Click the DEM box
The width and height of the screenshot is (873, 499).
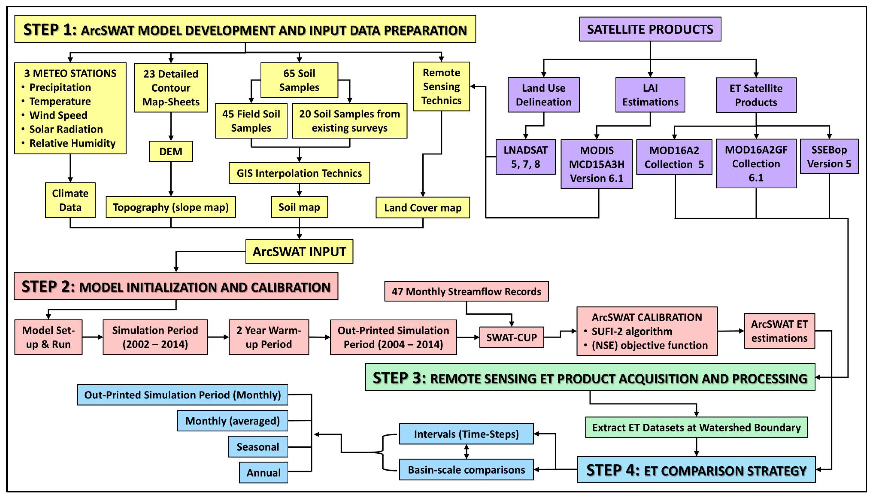(x=171, y=151)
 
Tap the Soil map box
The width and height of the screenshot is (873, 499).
(x=299, y=207)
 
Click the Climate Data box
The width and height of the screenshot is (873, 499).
(x=70, y=200)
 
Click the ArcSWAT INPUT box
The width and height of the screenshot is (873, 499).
(x=299, y=252)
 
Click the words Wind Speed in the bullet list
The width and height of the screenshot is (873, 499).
(x=58, y=115)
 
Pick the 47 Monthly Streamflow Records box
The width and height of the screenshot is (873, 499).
(x=466, y=291)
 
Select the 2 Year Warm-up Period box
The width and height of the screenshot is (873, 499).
(x=269, y=337)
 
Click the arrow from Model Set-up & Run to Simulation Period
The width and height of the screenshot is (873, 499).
(x=93, y=337)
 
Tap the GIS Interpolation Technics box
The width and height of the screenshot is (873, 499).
(x=299, y=173)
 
